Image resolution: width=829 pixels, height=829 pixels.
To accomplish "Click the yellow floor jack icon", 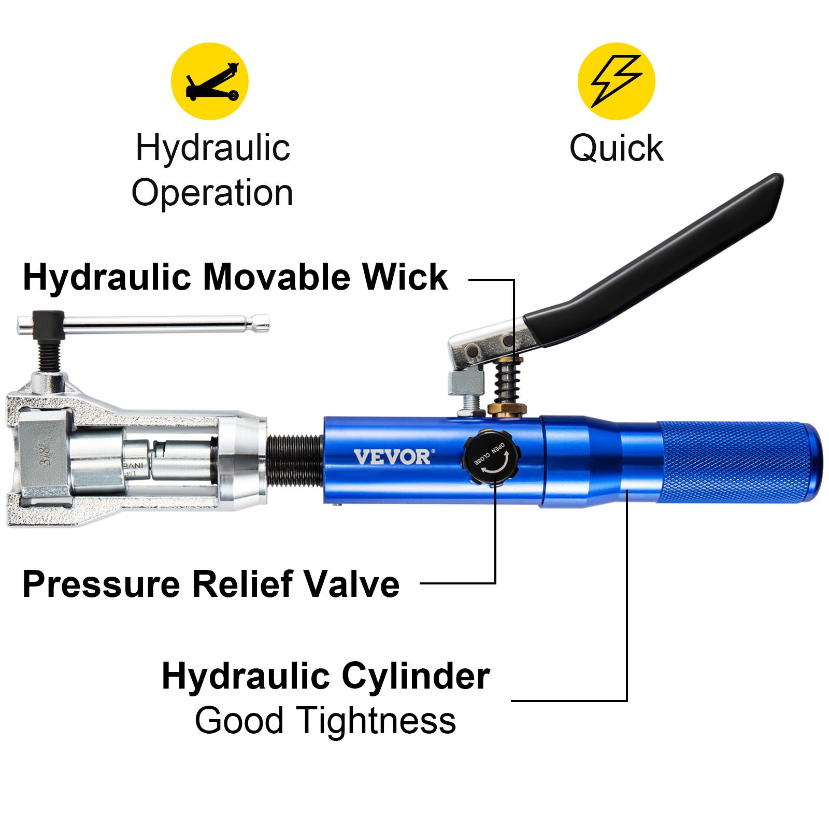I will coord(210,81).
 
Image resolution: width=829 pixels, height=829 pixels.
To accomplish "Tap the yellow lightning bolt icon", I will coord(616,81).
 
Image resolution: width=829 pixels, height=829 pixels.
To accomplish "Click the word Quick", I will coord(616,149).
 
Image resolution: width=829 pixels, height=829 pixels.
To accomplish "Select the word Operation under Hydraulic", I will coord(212,193).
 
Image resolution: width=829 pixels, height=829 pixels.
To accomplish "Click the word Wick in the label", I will coord(405,277).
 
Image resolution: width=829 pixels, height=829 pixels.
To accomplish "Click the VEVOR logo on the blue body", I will coord(392,457).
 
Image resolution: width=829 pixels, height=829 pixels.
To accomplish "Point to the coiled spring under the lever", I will coord(506,383).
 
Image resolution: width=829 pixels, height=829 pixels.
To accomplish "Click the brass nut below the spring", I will coord(506,409).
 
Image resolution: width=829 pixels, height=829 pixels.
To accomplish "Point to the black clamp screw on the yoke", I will coord(47,352).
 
